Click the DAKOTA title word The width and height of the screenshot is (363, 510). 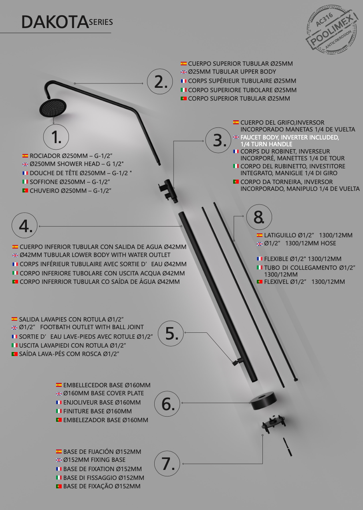pyautogui.click(x=55, y=22)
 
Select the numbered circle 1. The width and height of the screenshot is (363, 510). pyautogui.click(x=56, y=137)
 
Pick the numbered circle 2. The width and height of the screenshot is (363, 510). pyautogui.click(x=160, y=81)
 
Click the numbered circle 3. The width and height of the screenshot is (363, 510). pyautogui.click(x=218, y=140)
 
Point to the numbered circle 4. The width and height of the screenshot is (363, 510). pyautogui.click(x=24, y=225)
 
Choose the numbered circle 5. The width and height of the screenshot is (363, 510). pyautogui.click(x=171, y=334)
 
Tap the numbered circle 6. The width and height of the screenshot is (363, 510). pyautogui.click(x=167, y=404)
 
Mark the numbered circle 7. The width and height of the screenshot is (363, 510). pyautogui.click(x=167, y=463)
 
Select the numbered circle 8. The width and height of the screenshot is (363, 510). pyautogui.click(x=259, y=217)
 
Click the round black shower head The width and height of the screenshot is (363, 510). pyautogui.click(x=53, y=108)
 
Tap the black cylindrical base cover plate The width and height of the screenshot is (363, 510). pyautogui.click(x=264, y=401)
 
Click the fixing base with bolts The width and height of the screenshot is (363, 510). pyautogui.click(x=273, y=424)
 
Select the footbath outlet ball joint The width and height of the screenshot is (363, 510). pyautogui.click(x=237, y=361)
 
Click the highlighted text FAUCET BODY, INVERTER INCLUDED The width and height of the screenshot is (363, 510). pyautogui.click(x=290, y=137)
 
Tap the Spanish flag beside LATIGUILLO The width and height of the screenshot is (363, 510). pyautogui.click(x=260, y=235)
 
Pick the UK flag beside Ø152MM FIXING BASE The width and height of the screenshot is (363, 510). pyautogui.click(x=59, y=460)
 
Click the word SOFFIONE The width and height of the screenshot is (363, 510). pyautogui.click(x=44, y=182)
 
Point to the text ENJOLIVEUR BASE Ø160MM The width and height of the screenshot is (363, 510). pyautogui.click(x=102, y=402)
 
